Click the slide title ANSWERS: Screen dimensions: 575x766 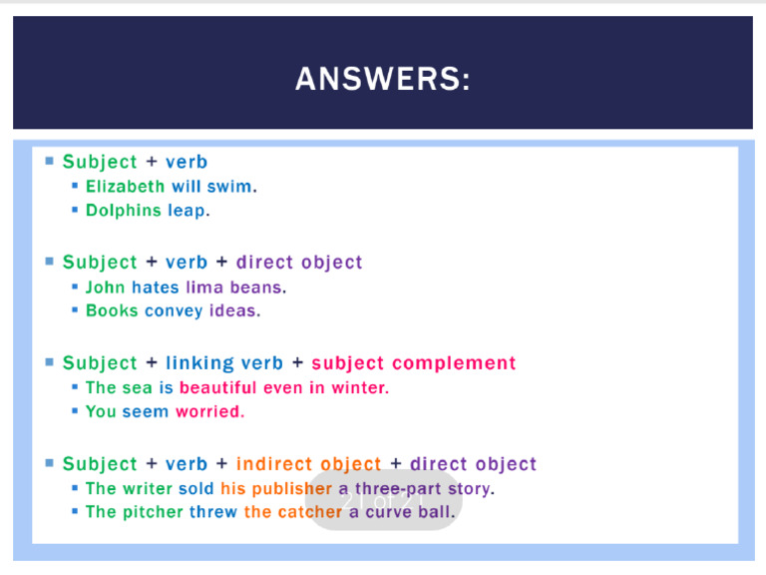click(x=382, y=78)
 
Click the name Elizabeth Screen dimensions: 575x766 click(x=126, y=187)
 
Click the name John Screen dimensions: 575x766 click(x=106, y=287)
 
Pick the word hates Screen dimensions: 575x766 click(x=156, y=287)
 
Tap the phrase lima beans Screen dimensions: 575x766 click(x=233, y=287)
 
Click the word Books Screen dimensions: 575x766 click(x=112, y=311)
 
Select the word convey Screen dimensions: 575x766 click(x=174, y=311)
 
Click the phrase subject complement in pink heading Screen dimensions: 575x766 click(x=414, y=363)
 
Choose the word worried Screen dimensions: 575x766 click(x=208, y=412)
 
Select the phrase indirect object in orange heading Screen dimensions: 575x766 click(x=309, y=464)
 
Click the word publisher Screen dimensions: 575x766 click(x=291, y=489)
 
